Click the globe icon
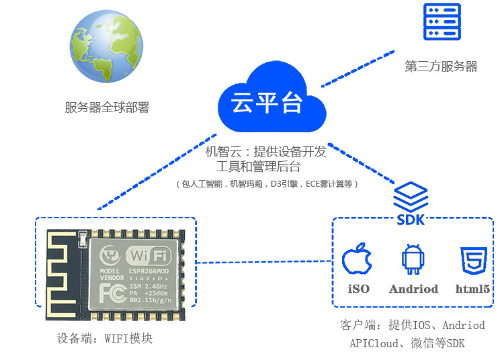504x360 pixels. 107,50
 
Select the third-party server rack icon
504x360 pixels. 442,22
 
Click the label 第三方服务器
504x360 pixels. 442,66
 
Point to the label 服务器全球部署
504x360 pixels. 107,107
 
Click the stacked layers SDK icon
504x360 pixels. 411,197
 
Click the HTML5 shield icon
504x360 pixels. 473,261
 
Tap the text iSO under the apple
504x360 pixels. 358,289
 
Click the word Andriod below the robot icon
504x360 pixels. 413,289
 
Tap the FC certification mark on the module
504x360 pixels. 112,293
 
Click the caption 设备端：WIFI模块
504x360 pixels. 106,339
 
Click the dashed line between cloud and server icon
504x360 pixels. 357,69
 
